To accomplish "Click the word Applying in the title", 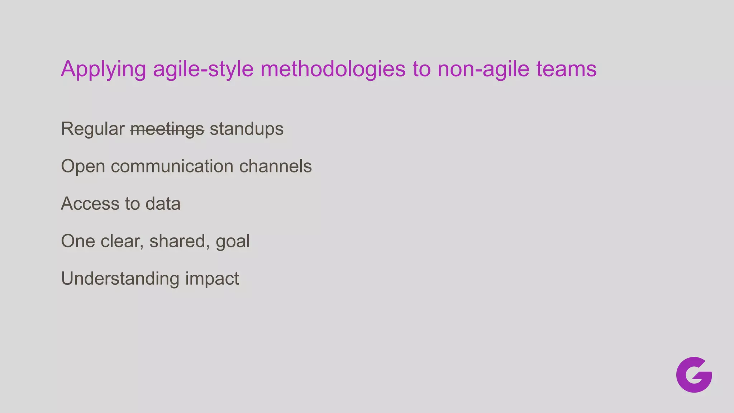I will pyautogui.click(x=104, y=69).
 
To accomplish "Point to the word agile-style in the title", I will pyautogui.click(x=203, y=69).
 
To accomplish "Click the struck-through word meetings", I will pyautogui.click(x=167, y=129).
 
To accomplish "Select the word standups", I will pyautogui.click(x=247, y=129).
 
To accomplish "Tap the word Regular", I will pyautogui.click(x=92, y=129).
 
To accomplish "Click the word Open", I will pyautogui.click(x=83, y=166).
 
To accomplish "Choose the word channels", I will pyautogui.click(x=275, y=166).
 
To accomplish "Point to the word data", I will pyautogui.click(x=163, y=204).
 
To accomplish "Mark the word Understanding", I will pyautogui.click(x=120, y=279).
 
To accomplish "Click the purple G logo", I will pyautogui.click(x=694, y=375).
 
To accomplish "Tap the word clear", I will pyautogui.click(x=122, y=241).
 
